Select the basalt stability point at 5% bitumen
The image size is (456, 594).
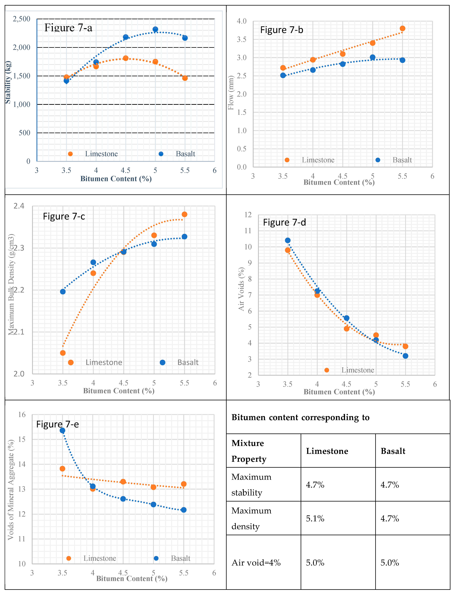[x=155, y=29]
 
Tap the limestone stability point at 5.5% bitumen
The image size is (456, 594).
[x=185, y=78]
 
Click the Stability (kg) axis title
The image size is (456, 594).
[x=8, y=82]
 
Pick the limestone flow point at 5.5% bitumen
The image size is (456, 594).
[x=402, y=29]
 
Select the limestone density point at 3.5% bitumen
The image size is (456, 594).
[x=63, y=353]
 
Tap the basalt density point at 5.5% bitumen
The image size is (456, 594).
[x=184, y=237]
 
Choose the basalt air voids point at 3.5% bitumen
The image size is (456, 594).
[x=288, y=240]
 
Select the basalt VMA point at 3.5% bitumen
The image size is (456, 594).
[x=62, y=431]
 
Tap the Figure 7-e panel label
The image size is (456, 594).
[x=58, y=424]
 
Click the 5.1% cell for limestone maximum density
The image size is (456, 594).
[x=315, y=519]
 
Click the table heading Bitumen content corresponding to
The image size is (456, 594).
[x=300, y=417]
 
